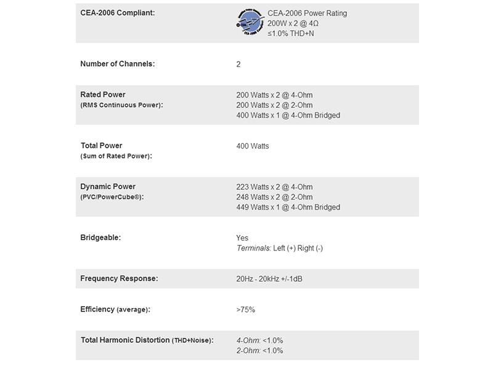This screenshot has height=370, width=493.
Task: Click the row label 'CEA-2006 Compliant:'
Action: pos(116,13)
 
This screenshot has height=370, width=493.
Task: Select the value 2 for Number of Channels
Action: pos(238,64)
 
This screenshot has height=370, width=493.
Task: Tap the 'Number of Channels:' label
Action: pos(118,64)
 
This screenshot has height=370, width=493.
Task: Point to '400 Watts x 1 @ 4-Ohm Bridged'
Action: pos(288,115)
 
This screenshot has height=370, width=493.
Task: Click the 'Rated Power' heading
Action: pos(103,94)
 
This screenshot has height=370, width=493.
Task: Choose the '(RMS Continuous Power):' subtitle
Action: pos(121,105)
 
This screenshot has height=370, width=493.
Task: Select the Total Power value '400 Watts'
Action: pos(253,146)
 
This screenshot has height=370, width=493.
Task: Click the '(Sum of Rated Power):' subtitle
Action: pos(116,157)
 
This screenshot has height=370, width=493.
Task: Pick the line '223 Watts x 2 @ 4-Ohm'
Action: pos(274,187)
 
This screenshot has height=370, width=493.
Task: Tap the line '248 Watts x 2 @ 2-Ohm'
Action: pos(274,197)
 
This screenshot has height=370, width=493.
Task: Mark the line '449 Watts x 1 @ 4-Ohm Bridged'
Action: pos(288,207)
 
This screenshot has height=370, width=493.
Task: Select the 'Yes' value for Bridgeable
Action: pos(242,238)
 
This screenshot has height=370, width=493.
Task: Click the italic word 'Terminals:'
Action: pos(253,248)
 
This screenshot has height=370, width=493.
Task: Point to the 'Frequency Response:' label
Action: pos(119,279)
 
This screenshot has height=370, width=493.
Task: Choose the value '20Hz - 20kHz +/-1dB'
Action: pos(269,279)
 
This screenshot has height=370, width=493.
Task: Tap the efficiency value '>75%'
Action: pos(245,310)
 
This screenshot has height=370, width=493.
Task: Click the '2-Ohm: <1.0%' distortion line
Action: pos(259,351)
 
